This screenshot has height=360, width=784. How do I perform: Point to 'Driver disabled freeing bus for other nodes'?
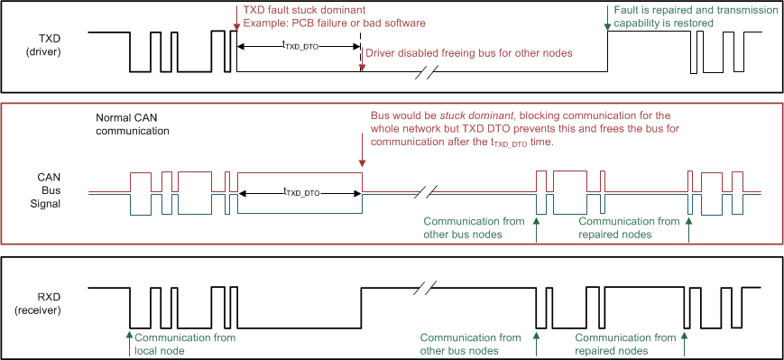coord(468,53)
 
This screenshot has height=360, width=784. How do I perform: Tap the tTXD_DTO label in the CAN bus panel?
coord(301,192)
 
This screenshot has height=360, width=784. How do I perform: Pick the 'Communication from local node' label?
coord(184,344)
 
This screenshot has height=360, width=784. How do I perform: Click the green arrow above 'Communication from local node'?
coord(129,339)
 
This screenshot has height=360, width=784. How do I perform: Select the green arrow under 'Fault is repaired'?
coord(608,24)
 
